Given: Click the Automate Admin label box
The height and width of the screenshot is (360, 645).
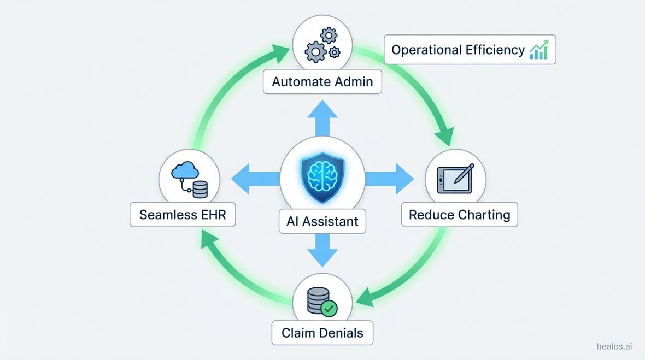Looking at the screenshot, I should pyautogui.click(x=322, y=82).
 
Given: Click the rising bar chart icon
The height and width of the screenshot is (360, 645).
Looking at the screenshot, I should pyautogui.click(x=538, y=50).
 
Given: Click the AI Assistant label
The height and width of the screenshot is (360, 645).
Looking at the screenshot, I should pyautogui.click(x=322, y=221).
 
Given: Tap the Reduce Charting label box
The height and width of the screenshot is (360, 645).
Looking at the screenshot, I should pyautogui.click(x=459, y=215).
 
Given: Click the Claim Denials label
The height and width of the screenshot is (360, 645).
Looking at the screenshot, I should pyautogui.click(x=322, y=333).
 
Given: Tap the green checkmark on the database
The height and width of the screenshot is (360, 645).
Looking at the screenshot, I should pyautogui.click(x=329, y=309).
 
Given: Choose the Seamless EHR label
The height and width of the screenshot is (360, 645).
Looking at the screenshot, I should pyautogui.click(x=183, y=215).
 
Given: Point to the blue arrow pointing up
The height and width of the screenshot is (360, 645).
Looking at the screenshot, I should pyautogui.click(x=322, y=116).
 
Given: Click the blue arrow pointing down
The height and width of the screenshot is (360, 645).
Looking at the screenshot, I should pyautogui.click(x=322, y=251).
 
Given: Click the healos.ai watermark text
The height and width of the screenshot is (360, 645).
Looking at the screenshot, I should pyautogui.click(x=614, y=346).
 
